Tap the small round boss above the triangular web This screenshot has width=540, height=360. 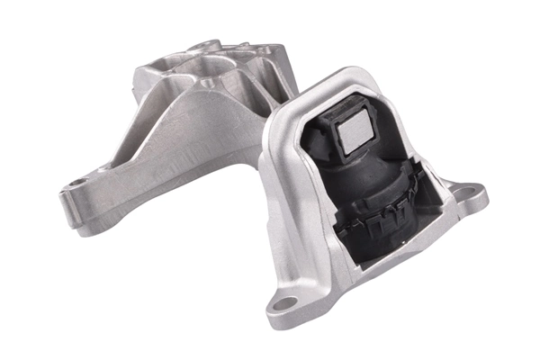[209, 84]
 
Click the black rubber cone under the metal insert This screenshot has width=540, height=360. [360, 171]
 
